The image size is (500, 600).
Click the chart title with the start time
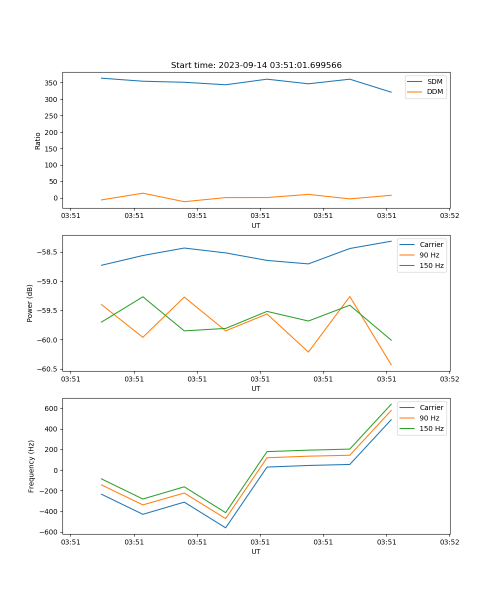tap(256, 65)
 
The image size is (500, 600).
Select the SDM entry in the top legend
tap(434, 81)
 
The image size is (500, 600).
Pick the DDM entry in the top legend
tap(434, 91)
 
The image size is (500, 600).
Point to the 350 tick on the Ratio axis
tap(52, 82)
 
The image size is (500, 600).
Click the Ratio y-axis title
tap(38, 140)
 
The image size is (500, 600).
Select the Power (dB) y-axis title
tap(30, 303)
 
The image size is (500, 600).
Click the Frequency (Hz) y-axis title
tap(31, 466)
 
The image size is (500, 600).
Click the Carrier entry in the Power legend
tap(431, 244)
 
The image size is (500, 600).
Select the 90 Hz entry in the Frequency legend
tap(429, 418)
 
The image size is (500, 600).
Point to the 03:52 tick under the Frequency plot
tap(449, 542)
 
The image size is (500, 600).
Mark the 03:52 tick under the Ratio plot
tap(449, 216)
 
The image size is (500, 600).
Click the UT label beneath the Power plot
tap(256, 388)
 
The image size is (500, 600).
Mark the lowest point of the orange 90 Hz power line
tap(391, 365)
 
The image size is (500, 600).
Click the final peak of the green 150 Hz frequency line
tap(391, 404)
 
